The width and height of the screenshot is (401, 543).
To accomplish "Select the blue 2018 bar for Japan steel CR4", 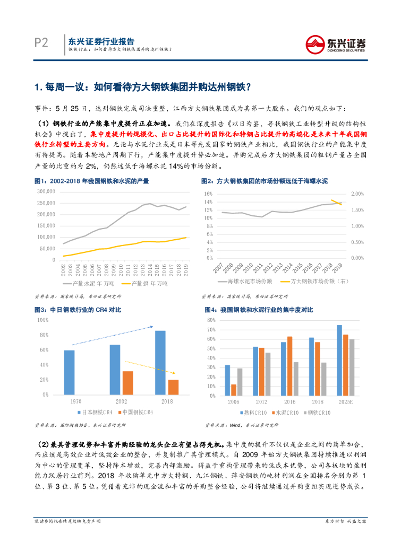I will click(160, 363).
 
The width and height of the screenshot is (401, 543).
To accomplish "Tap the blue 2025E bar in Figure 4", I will click(339, 360).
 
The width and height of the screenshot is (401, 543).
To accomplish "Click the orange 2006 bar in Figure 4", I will click(233, 390).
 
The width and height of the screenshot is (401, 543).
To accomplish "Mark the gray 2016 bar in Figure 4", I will click(296, 379).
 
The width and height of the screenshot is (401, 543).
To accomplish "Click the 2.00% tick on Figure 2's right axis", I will click(359, 194).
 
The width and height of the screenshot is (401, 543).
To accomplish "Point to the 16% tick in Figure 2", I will click(208, 194).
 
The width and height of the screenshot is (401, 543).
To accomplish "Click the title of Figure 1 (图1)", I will click(91, 181).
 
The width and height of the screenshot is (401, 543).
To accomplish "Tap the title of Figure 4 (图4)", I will click(259, 309).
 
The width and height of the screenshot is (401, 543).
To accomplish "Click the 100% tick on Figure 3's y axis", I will click(42, 320).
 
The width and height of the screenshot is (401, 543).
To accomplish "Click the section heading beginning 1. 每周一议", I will click(142, 86).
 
